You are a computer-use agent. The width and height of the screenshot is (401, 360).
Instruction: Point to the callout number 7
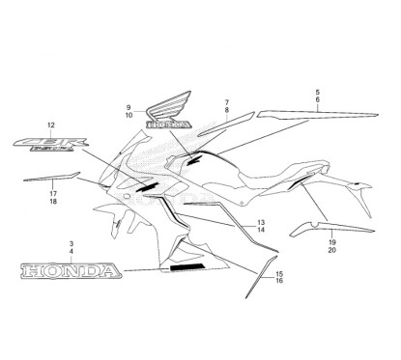point(226,101)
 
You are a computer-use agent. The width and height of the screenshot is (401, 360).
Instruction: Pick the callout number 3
point(71,244)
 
